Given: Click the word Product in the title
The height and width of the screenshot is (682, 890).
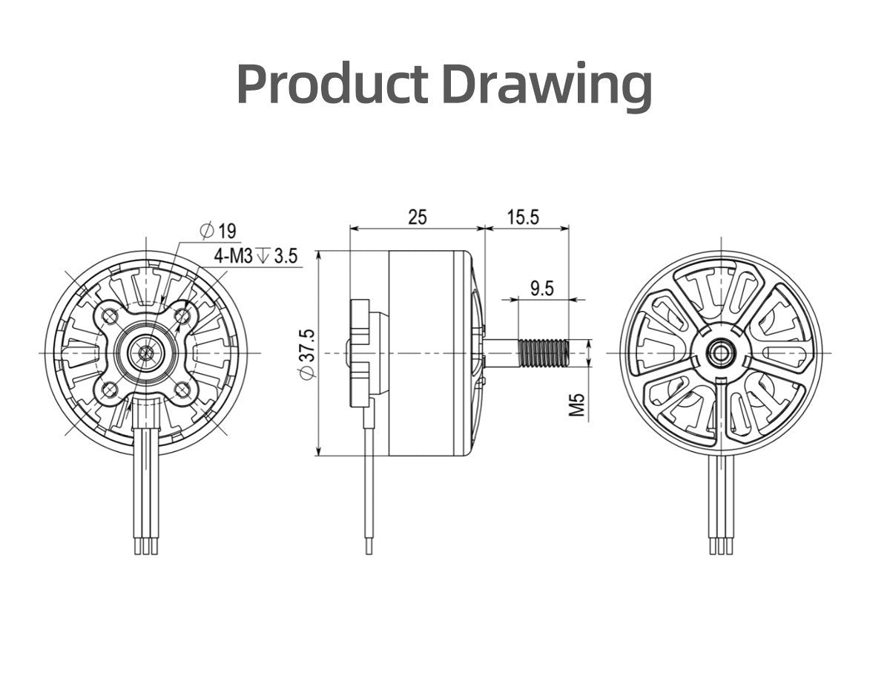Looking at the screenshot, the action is (332, 85).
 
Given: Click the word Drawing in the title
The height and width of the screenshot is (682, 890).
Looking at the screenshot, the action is (547, 87).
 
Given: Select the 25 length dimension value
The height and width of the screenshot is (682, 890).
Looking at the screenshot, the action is (418, 217).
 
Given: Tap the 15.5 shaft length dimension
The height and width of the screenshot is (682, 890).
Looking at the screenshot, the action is (523, 217).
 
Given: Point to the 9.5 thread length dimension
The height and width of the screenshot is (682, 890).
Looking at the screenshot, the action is (542, 289).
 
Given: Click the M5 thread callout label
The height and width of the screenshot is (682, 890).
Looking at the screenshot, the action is (577, 404).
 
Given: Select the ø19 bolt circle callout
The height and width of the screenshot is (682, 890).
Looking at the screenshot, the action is (219, 231).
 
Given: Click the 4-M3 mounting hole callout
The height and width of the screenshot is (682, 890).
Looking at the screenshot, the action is (234, 257).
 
